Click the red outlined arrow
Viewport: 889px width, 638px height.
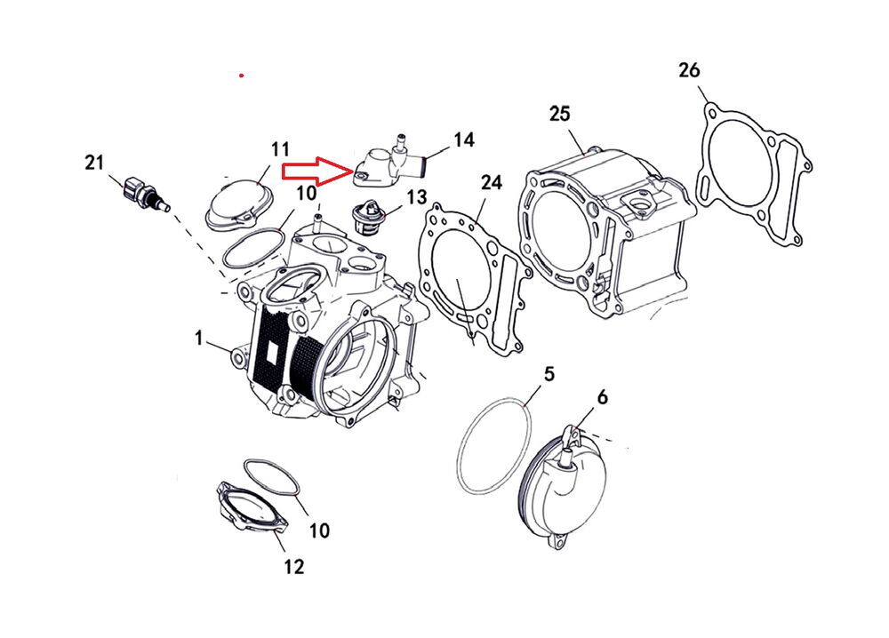coord(316,170)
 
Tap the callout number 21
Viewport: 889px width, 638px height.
coord(95,162)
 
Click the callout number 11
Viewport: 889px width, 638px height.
coord(281,148)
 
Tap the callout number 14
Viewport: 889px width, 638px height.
coord(463,140)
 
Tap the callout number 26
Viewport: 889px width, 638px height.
coord(689,69)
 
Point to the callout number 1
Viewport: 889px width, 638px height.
coord(201,338)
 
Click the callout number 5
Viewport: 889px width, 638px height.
coord(549,373)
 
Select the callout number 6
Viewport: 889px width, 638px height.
coord(603,397)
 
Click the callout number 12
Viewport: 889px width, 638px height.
coord(293,566)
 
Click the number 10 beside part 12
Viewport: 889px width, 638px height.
coord(319,530)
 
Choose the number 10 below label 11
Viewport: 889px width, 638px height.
coord(306,193)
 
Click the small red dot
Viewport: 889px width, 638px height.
coord(241,76)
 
